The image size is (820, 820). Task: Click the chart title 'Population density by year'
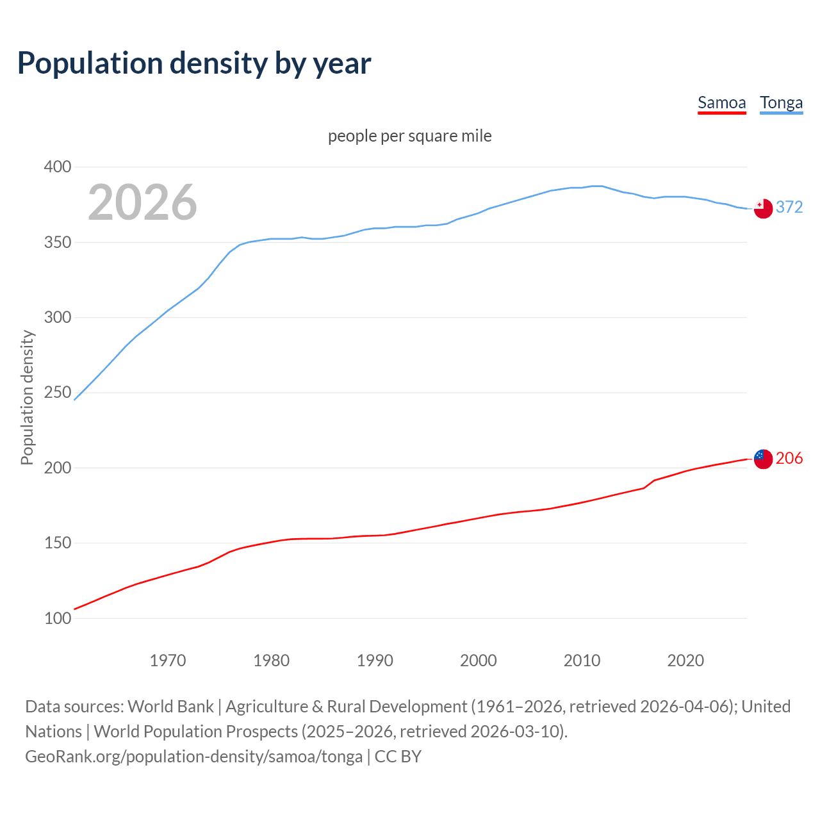(194, 63)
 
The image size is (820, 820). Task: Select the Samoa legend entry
(721, 103)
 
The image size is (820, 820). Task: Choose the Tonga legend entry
(781, 103)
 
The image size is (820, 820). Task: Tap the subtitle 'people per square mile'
(409, 136)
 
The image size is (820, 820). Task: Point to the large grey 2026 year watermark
(142, 202)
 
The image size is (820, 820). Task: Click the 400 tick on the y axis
(57, 167)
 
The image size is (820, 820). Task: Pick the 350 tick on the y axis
(57, 243)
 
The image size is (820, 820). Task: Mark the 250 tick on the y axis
(57, 393)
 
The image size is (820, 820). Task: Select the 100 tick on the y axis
(57, 618)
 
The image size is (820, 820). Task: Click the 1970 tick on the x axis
(168, 660)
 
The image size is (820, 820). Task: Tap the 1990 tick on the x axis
(375, 660)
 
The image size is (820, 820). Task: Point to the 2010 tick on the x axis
(582, 660)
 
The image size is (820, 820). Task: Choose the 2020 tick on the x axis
(685, 660)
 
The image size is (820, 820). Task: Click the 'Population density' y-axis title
(27, 397)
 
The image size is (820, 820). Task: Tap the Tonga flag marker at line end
(763, 208)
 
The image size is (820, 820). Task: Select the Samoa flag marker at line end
(763, 459)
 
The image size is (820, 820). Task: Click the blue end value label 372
(789, 207)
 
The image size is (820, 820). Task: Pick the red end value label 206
(789, 458)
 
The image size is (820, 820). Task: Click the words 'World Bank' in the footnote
(170, 707)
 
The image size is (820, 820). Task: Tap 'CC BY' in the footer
(398, 757)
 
